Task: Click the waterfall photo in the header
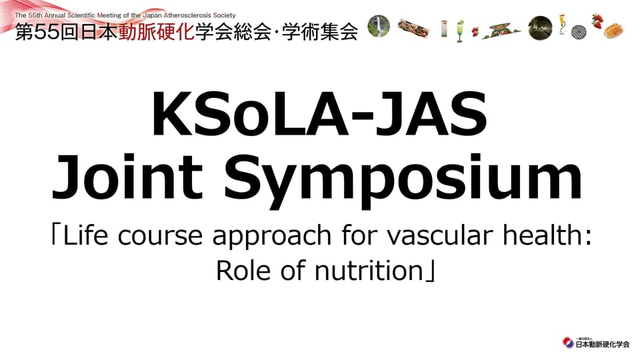pyautogui.click(x=379, y=26)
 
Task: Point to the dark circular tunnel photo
pyautogui.click(x=540, y=28)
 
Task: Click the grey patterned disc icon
pyautogui.click(x=579, y=32)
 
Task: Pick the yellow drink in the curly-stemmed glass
pyautogui.click(x=563, y=24)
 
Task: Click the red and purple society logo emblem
pyautogui.click(x=568, y=343)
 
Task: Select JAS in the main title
pyautogui.click(x=432, y=114)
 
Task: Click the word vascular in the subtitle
pyautogui.click(x=440, y=235)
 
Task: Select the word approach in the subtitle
pyautogui.click(x=272, y=237)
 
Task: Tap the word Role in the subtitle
pyautogui.click(x=243, y=271)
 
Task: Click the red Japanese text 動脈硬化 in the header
pyautogui.click(x=156, y=32)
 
